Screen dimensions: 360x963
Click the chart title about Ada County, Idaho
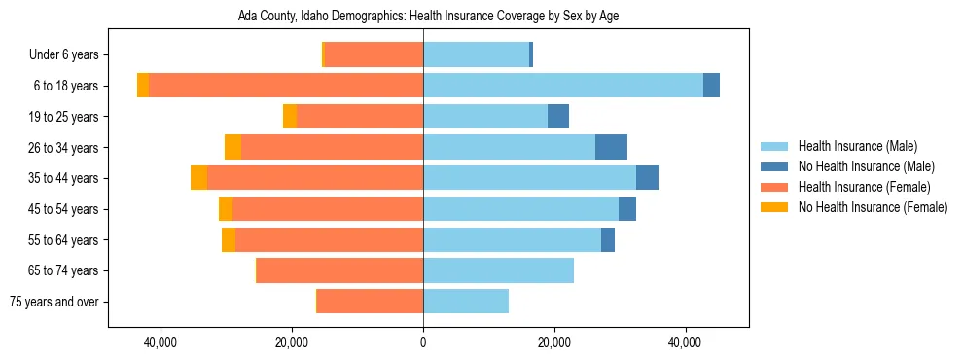point(428,17)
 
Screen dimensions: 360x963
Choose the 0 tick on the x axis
point(423,342)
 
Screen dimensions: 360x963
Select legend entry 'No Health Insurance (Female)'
point(873,207)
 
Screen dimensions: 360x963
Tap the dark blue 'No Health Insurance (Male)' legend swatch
point(775,166)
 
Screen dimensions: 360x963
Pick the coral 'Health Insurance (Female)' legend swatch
point(775,187)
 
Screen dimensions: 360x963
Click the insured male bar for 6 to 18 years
point(562,86)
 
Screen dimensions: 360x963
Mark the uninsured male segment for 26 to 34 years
point(611,147)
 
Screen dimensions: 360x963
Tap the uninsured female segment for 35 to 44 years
point(198,178)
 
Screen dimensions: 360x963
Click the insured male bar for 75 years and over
point(466,302)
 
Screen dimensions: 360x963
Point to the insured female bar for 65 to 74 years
point(339,270)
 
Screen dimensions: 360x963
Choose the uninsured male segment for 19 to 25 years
point(558,117)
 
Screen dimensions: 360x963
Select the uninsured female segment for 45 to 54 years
point(226,209)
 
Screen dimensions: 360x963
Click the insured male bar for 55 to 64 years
point(512,239)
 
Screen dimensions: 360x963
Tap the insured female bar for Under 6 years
point(374,55)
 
